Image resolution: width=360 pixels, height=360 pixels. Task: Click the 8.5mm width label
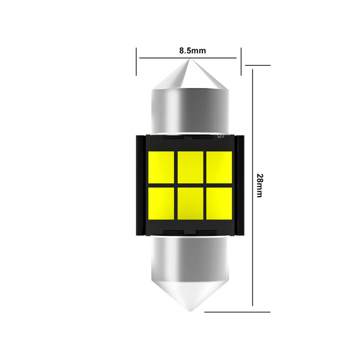[x=192, y=50]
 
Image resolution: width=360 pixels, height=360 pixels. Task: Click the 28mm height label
[x=259, y=185]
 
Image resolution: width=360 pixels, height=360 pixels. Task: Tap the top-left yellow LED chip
[x=161, y=167]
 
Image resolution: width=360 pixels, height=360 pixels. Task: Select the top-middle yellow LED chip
[x=190, y=167]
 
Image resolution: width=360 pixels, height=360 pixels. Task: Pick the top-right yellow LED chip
[x=219, y=167]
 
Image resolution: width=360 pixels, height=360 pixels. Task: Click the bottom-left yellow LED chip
[x=161, y=203]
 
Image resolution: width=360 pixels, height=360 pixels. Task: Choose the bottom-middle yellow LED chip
[x=190, y=203]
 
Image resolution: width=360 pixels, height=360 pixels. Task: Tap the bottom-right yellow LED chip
[x=219, y=203]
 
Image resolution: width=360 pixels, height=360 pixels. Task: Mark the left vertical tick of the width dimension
[x=136, y=61]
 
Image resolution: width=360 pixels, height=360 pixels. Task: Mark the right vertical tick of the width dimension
[x=241, y=61]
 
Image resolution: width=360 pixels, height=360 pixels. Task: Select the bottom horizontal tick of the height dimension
[x=238, y=311]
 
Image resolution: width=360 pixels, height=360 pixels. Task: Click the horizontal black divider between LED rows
[x=190, y=185]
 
